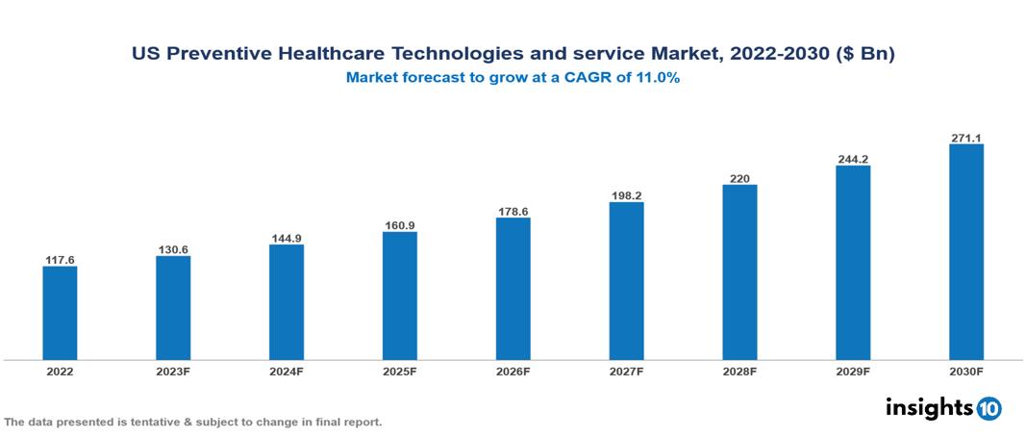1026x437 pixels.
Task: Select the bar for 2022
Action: coord(60,313)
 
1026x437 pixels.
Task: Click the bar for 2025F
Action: coord(399,296)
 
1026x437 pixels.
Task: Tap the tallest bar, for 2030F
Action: coord(965,252)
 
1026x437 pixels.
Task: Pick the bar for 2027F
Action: coord(626,281)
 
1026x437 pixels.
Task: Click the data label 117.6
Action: coord(60,260)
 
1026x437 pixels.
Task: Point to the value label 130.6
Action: coord(173,249)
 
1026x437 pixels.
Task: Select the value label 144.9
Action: coord(287,238)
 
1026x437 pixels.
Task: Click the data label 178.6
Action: coord(513,211)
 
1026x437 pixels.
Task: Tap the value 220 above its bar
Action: coord(739,178)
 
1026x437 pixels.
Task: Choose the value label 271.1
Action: coord(965,138)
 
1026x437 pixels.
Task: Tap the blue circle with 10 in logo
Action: coord(988,408)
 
